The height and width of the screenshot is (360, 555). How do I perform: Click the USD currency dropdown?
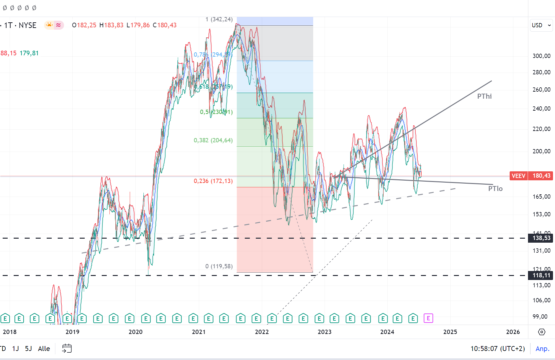tap(541, 25)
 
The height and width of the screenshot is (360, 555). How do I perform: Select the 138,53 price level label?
tap(541, 238)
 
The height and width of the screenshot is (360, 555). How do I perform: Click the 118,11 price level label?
tap(541, 275)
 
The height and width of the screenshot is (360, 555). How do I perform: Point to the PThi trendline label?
tap(484, 96)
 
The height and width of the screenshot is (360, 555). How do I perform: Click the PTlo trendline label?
tap(495, 189)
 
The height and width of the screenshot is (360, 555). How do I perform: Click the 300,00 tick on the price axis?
tap(541, 56)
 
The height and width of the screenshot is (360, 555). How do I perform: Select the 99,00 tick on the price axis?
tap(540, 316)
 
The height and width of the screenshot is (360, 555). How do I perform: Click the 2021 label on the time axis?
tap(199, 332)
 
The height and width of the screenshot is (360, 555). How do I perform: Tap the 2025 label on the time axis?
tap(450, 332)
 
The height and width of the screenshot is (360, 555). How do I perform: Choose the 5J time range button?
tap(28, 349)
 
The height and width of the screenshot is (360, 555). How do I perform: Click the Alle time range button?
tap(44, 349)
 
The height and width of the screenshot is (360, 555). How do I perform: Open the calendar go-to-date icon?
tap(67, 349)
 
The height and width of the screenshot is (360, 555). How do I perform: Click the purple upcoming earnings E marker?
tap(428, 318)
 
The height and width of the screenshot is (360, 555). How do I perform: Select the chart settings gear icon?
tap(542, 332)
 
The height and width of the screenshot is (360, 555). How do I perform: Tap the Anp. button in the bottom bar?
tap(542, 349)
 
